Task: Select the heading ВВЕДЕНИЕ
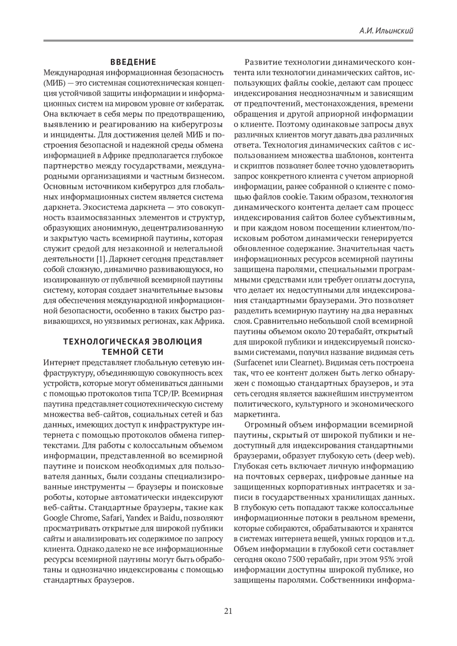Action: point(133,62)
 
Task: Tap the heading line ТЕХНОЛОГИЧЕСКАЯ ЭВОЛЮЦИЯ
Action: point(133,341)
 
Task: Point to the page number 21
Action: point(228,611)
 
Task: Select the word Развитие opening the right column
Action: point(263,62)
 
